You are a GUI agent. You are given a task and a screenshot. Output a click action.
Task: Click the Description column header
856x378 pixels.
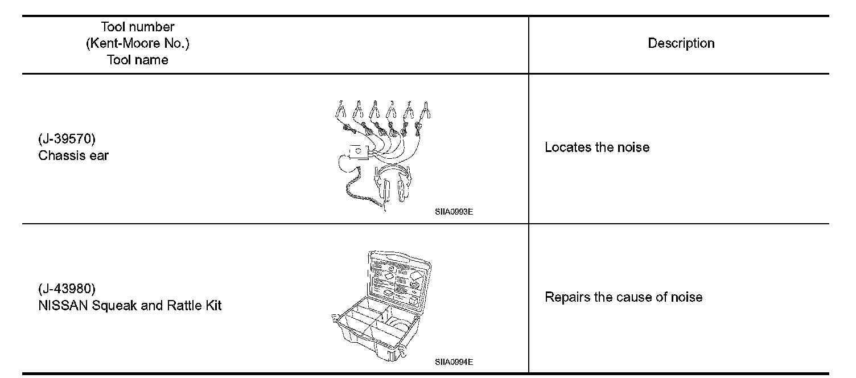[681, 43]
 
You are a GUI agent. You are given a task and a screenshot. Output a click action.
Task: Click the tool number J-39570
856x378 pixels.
[67, 139]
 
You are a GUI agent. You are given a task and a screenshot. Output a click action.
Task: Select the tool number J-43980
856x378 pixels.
[67, 289]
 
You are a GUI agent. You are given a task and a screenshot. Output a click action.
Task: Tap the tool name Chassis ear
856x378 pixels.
[73, 155]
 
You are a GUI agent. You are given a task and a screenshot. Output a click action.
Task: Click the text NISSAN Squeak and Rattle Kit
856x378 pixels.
[130, 306]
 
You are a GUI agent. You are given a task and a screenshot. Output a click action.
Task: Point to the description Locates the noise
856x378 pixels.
[597, 147]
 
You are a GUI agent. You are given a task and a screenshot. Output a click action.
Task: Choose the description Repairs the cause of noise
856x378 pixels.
[623, 297]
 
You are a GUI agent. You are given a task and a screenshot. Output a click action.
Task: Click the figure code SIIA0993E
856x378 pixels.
[454, 212]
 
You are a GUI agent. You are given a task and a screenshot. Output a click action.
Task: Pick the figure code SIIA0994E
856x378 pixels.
[454, 362]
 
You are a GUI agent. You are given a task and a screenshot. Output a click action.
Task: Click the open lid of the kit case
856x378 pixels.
[400, 278]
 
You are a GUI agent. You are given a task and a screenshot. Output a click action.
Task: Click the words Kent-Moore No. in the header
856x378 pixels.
[137, 43]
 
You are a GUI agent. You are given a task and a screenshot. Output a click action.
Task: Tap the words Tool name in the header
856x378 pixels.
[137, 60]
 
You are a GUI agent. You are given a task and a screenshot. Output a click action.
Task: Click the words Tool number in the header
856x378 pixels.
[137, 27]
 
